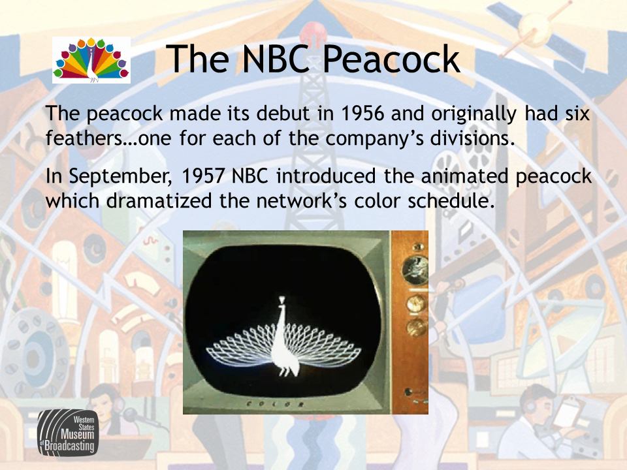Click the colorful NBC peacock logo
(91, 60)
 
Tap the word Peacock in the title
(391, 59)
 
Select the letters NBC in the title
(276, 59)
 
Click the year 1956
(362, 113)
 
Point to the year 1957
(202, 176)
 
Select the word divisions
(472, 138)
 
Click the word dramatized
(159, 200)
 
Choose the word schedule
(451, 200)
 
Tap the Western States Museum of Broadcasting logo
(68, 433)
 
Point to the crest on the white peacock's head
(282, 300)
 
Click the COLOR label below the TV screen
(275, 403)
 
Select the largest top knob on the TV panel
(415, 270)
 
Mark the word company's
(374, 139)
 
